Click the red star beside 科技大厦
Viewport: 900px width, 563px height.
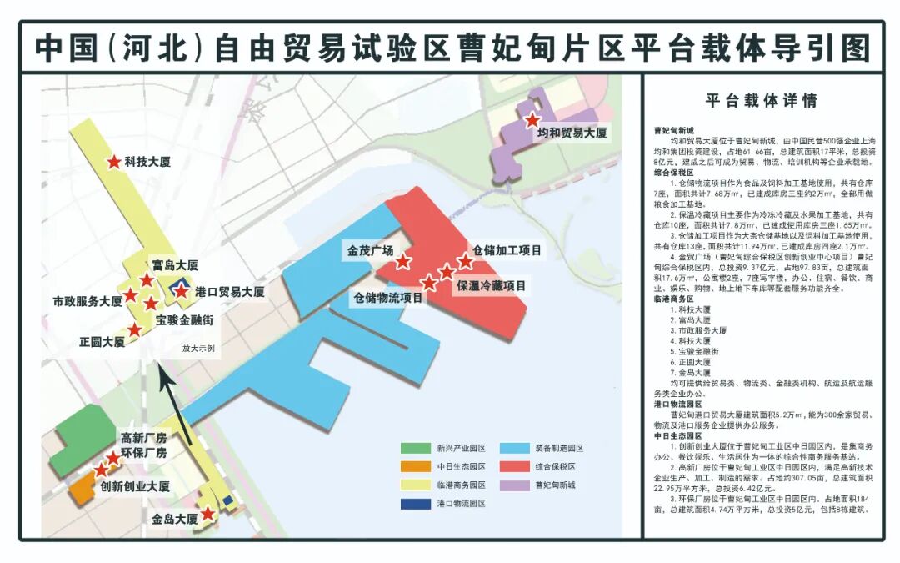pyautogui.click(x=113, y=162)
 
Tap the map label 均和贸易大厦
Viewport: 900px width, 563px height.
pyautogui.click(x=571, y=133)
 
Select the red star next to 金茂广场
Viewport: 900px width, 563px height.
pyautogui.click(x=403, y=262)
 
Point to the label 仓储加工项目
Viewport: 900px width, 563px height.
pyautogui.click(x=507, y=249)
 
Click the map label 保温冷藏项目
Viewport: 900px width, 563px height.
pyautogui.click(x=491, y=285)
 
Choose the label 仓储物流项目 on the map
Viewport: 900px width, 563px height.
pyautogui.click(x=388, y=297)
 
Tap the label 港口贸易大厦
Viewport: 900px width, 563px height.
pyautogui.click(x=229, y=292)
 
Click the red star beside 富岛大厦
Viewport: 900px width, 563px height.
pyautogui.click(x=147, y=280)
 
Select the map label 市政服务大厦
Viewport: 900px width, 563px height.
pyautogui.click(x=87, y=300)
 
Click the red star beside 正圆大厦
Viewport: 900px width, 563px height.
pyautogui.click(x=135, y=330)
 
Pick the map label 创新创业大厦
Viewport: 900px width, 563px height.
pyautogui.click(x=135, y=486)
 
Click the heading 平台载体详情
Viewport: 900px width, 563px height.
pyautogui.click(x=761, y=101)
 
